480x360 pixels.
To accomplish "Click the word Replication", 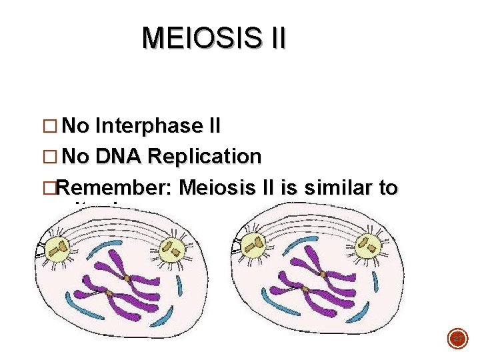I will [205, 157].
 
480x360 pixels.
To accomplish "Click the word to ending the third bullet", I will [387, 189].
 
